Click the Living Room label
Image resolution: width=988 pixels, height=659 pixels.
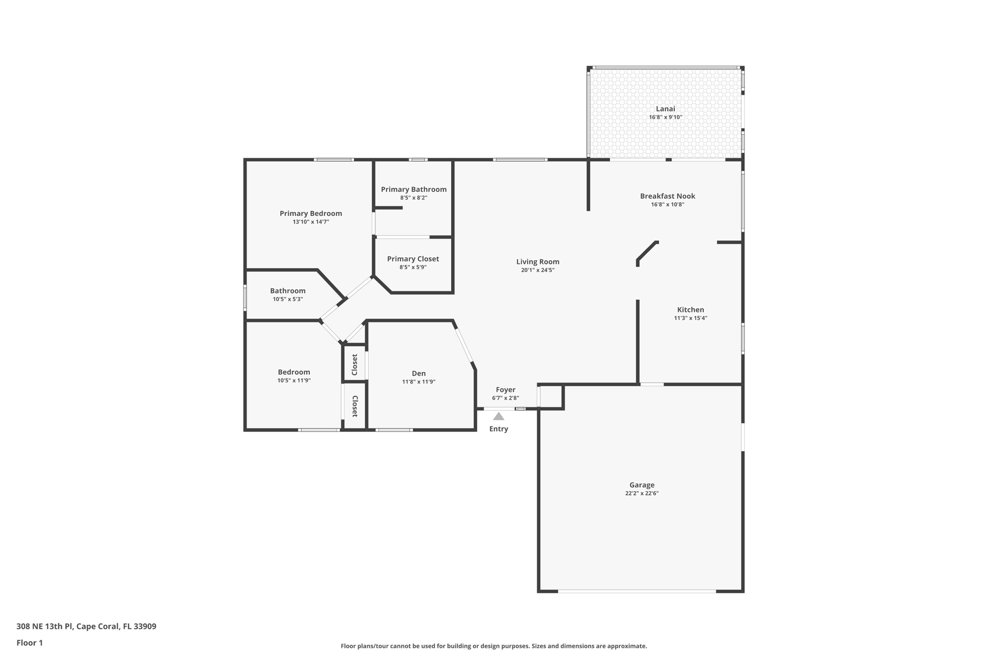click(537, 262)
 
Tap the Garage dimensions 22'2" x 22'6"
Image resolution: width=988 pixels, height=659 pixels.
click(642, 493)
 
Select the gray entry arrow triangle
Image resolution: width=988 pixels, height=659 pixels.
click(499, 416)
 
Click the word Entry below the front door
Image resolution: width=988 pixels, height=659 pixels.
click(499, 429)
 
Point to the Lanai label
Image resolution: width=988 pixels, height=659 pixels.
click(665, 109)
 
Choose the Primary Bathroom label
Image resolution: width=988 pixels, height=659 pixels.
click(414, 189)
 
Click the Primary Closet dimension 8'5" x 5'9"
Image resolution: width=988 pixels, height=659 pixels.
click(413, 267)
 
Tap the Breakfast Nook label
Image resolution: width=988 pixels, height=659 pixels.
click(668, 196)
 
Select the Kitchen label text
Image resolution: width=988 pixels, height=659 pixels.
click(690, 310)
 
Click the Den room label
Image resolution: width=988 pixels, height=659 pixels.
click(419, 373)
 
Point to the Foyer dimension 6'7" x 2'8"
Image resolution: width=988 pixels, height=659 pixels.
click(506, 398)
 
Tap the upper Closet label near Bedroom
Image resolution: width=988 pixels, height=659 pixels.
click(355, 365)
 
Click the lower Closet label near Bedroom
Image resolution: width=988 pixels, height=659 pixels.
click(355, 407)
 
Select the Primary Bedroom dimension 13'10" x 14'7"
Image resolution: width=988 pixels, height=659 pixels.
click(311, 222)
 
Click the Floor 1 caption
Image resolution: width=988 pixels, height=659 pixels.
click(29, 643)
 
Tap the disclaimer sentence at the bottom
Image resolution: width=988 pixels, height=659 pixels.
click(494, 646)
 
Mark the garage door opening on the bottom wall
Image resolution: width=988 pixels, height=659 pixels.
click(637, 591)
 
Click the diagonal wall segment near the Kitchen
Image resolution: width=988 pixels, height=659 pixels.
click(647, 251)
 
